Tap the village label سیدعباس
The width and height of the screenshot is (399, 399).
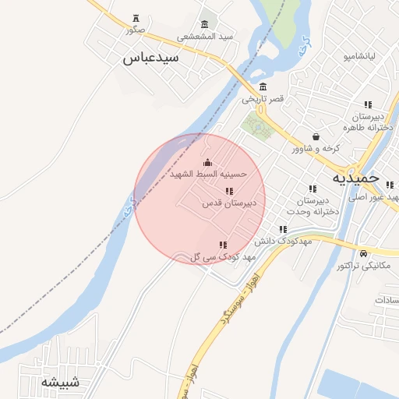pyautogui.click(x=151, y=58)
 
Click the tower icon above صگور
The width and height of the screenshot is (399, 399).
pyautogui.click(x=137, y=18)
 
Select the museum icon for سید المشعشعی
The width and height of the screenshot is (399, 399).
pyautogui.click(x=205, y=23)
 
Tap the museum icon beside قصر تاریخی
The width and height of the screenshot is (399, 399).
pyautogui.click(x=263, y=87)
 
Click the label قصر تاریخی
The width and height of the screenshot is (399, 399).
pyautogui.click(x=263, y=99)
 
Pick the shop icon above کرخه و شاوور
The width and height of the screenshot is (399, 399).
pyautogui.click(x=315, y=136)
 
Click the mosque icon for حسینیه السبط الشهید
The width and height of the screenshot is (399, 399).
pyautogui.click(x=207, y=162)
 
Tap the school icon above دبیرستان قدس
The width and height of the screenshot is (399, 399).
pyautogui.click(x=229, y=191)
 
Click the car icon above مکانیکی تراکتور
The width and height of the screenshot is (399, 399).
pyautogui.click(x=364, y=253)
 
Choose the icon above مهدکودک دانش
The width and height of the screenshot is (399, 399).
pyautogui.click(x=283, y=229)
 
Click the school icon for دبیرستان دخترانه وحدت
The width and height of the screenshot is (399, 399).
pyautogui.click(x=312, y=189)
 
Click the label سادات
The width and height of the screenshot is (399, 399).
pyautogui.click(x=386, y=300)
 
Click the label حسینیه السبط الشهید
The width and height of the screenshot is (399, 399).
pyautogui.click(x=208, y=175)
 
